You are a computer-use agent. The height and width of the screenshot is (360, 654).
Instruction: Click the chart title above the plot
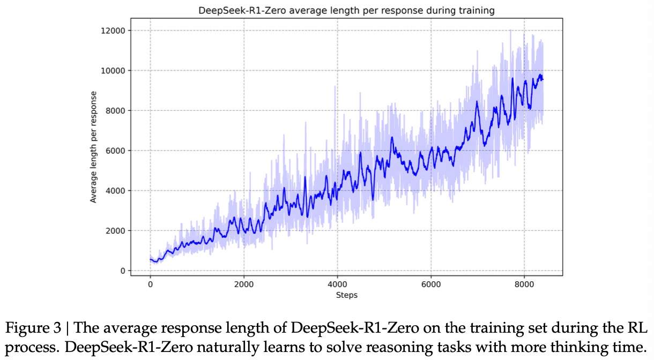[346, 11]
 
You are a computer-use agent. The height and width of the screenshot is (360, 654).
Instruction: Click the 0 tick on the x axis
[150, 284]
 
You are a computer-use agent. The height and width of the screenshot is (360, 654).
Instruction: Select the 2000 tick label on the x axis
[244, 284]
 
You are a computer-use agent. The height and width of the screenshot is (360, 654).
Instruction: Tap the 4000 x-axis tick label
[337, 284]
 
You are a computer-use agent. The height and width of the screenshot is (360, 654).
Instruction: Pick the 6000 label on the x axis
[431, 284]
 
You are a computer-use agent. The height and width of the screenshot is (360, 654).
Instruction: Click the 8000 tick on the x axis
[524, 284]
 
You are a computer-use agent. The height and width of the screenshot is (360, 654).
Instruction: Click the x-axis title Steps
[346, 295]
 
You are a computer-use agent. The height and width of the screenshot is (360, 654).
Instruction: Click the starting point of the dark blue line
[150, 259]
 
